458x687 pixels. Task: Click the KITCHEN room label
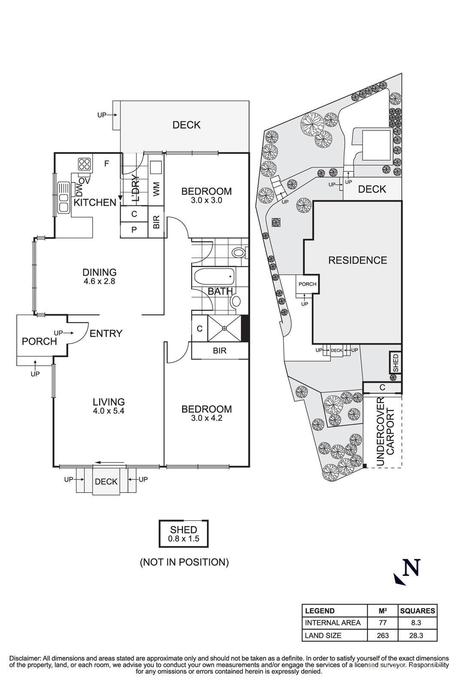[95, 202]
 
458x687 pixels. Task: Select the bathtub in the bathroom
[214, 277]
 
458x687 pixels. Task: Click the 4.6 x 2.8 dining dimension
[100, 281]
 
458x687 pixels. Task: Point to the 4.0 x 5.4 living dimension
[109, 410]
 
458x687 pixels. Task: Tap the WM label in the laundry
[156, 189]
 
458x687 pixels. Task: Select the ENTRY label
[106, 333]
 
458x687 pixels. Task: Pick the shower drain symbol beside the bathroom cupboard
[225, 328]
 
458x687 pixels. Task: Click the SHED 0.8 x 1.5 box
[184, 534]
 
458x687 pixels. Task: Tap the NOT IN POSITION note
[184, 562]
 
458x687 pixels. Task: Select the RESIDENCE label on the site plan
[358, 260]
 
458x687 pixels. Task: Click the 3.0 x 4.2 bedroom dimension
[206, 417]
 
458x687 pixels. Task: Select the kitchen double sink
[64, 203]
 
